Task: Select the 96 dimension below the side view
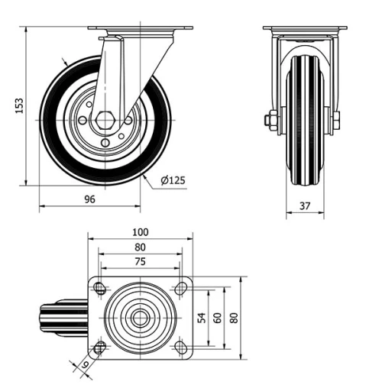point(89,199)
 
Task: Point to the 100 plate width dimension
point(140,232)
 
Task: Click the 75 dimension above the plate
point(140,261)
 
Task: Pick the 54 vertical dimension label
point(202,317)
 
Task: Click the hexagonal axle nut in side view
point(106,120)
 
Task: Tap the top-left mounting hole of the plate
point(99,288)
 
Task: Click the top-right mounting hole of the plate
point(181,288)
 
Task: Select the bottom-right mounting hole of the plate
point(181,348)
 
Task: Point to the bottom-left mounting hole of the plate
point(99,348)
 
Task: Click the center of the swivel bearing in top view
point(140,317)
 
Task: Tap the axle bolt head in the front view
point(270,120)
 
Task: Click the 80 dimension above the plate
point(140,247)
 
